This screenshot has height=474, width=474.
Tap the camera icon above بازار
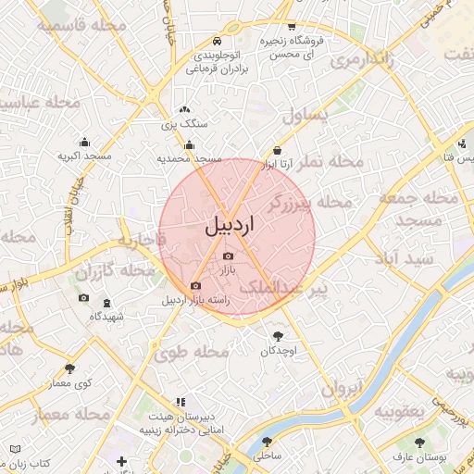[x=229, y=256]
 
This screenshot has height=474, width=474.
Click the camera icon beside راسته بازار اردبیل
[x=194, y=286]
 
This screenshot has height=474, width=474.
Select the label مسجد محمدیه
[x=189, y=159]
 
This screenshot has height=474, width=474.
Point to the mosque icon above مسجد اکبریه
[x=85, y=142]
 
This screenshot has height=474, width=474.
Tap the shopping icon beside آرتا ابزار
[x=277, y=151]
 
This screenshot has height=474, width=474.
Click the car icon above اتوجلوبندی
[x=216, y=41]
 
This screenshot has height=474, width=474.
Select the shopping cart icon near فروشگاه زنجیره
[x=292, y=27]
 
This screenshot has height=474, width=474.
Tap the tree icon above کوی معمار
[x=70, y=368]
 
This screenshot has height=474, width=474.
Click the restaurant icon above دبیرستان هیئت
[x=181, y=403]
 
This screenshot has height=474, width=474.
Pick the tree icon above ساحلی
[x=268, y=442]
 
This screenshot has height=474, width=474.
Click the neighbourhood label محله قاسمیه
[x=83, y=26]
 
